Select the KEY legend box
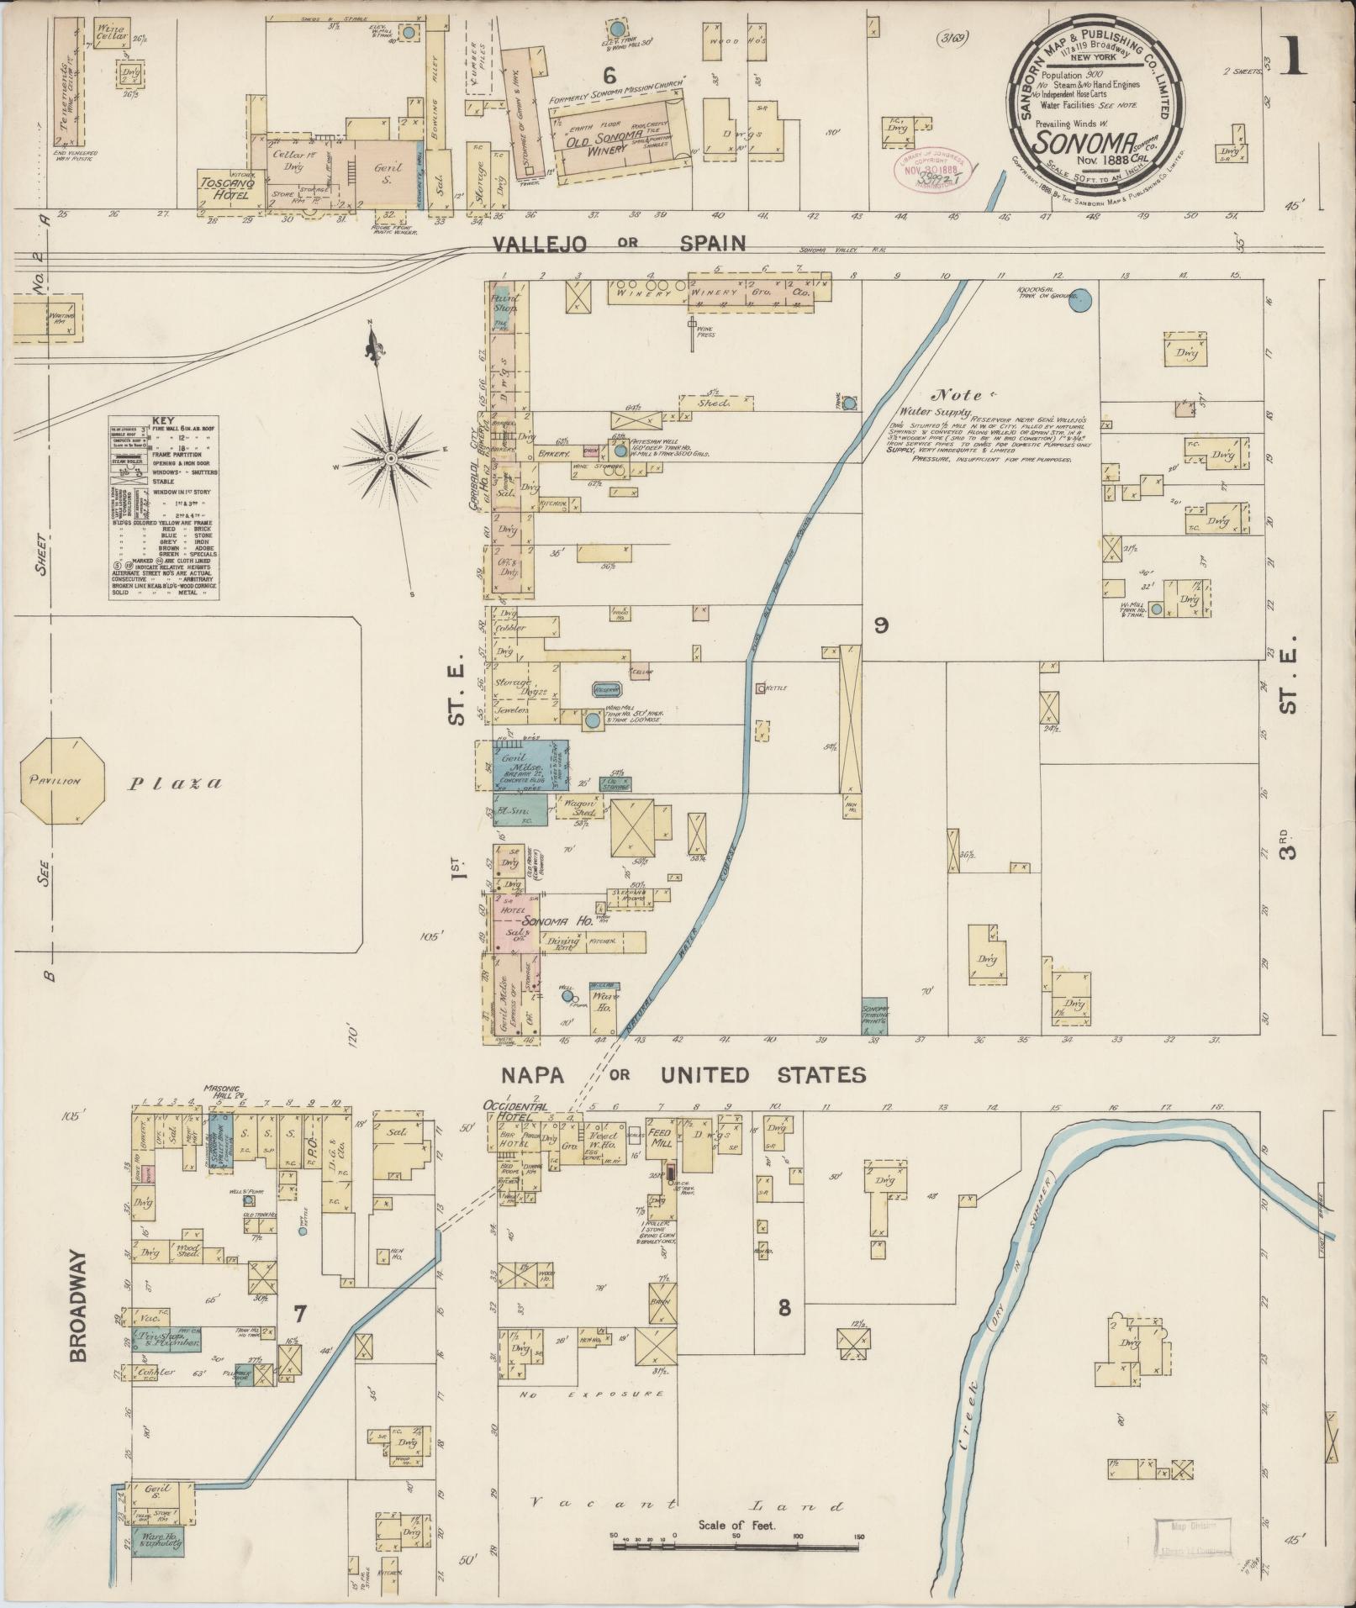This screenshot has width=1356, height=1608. (164, 508)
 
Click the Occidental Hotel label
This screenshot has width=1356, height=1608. (515, 1110)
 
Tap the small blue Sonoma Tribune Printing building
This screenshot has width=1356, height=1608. (875, 1015)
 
